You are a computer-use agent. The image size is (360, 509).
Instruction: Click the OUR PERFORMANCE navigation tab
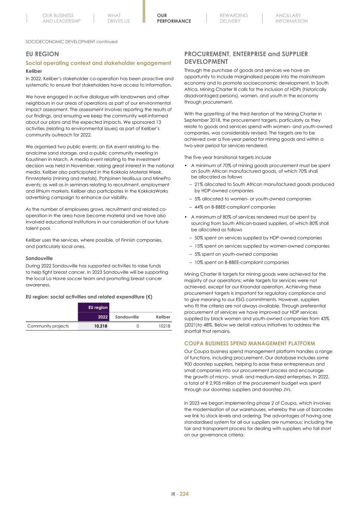coord(174,18)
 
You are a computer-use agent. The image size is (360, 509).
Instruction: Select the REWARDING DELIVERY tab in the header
coord(234,18)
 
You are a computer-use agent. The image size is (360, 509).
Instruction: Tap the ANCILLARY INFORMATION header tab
coord(291,18)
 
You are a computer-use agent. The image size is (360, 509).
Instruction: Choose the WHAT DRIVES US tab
coord(118,18)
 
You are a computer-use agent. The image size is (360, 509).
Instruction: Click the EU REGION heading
coord(42,54)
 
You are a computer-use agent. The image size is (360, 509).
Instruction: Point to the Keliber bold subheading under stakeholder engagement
coord(34,71)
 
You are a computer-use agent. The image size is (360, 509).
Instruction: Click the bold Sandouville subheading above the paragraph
coord(39,258)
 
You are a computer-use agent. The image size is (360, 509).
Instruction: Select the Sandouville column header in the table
coord(127,317)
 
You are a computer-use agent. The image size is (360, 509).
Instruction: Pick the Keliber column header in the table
coord(163,317)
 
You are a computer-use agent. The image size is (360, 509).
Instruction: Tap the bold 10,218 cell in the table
coord(101,326)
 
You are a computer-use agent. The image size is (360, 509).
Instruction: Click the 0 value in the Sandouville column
coord(138,326)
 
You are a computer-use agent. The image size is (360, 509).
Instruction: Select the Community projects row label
coord(48,326)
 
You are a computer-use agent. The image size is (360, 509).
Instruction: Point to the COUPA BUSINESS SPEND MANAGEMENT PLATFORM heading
coord(250,343)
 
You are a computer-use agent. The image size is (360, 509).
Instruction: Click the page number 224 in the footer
coord(184,494)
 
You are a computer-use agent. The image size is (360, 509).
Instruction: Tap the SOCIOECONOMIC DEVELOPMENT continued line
coord(71,42)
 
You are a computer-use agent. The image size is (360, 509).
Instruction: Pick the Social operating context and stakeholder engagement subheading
coord(98,63)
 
